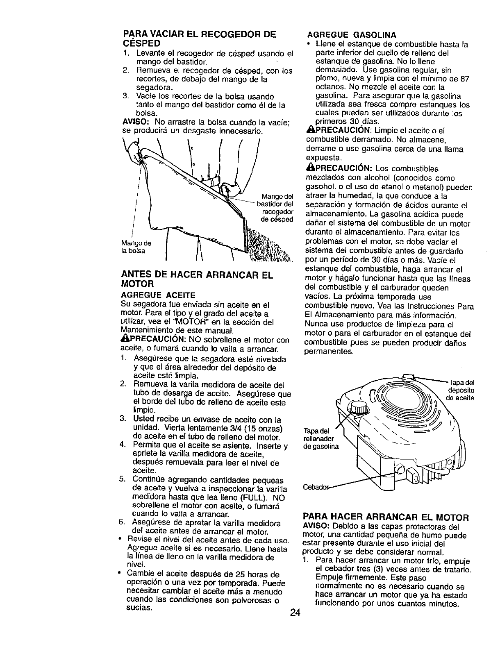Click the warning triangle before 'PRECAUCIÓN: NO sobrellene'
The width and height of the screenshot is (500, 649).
click(x=125, y=340)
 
